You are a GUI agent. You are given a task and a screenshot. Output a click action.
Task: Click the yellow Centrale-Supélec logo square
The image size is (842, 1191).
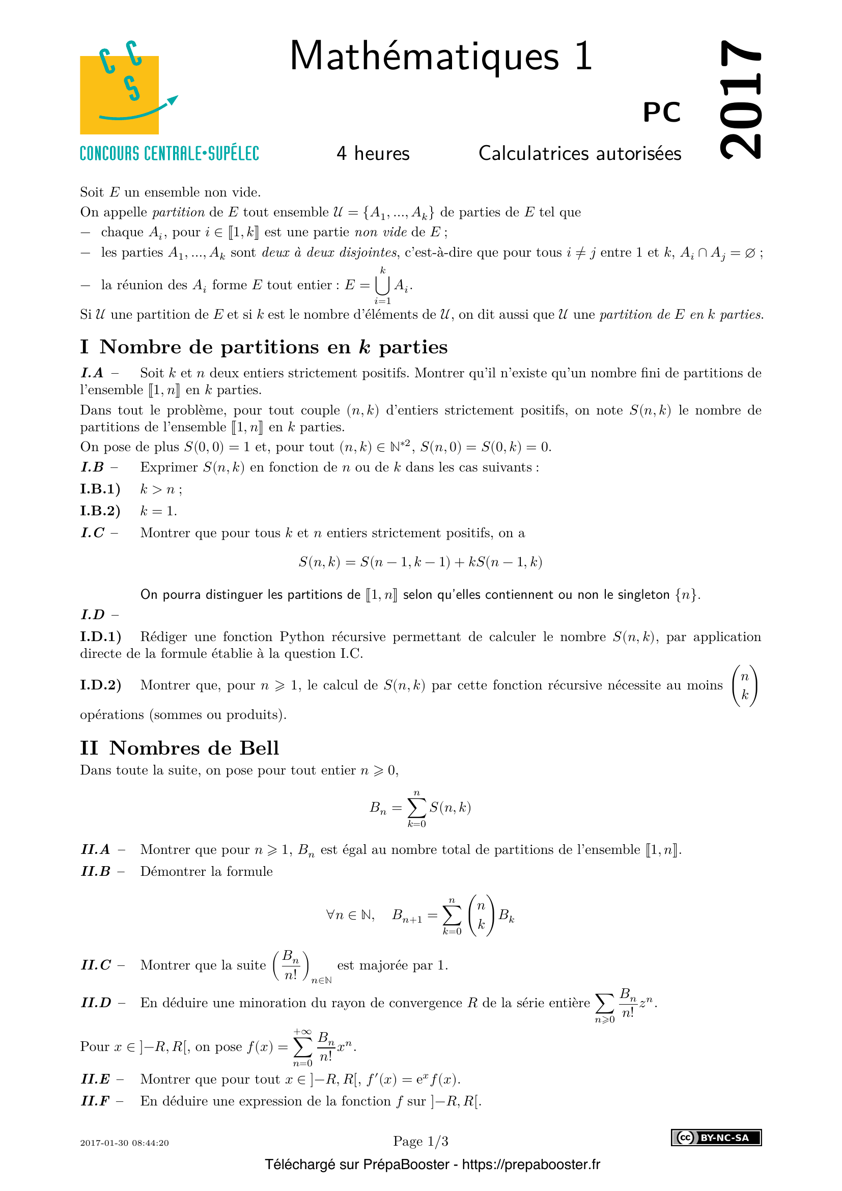pyautogui.click(x=119, y=95)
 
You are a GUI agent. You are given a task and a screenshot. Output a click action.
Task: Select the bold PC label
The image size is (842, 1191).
pyautogui.click(x=662, y=112)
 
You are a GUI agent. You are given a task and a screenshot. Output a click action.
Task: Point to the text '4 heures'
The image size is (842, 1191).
pyautogui.click(x=373, y=154)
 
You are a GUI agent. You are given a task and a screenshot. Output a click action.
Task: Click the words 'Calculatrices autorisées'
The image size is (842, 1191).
pyautogui.click(x=580, y=154)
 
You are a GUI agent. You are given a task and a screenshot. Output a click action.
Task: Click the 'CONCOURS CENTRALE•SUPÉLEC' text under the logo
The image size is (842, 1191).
pyautogui.click(x=169, y=154)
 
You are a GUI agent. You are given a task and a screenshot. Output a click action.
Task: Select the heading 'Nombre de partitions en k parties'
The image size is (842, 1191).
pyautogui.click(x=273, y=347)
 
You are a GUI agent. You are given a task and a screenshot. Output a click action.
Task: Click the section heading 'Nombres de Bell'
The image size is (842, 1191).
pyautogui.click(x=194, y=748)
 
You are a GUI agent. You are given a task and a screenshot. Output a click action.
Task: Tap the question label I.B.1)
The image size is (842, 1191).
pyautogui.click(x=100, y=489)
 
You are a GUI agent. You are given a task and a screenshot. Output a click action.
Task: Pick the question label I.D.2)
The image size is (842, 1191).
pyautogui.click(x=101, y=685)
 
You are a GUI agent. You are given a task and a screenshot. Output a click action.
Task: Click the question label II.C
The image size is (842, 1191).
pyautogui.click(x=96, y=965)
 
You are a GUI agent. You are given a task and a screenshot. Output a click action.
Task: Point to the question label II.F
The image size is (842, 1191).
pyautogui.click(x=95, y=1101)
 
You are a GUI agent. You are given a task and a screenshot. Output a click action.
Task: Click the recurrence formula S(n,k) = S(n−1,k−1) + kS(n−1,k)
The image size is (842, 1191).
pyautogui.click(x=420, y=562)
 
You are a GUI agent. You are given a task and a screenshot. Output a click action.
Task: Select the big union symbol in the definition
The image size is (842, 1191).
pyautogui.click(x=383, y=285)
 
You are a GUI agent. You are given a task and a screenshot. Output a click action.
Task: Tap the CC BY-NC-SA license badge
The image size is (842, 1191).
pyautogui.click(x=716, y=1138)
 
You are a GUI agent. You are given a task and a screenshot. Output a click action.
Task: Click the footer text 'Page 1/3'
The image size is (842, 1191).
pyautogui.click(x=420, y=1141)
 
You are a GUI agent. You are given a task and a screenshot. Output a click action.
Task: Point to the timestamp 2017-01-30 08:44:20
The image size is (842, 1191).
pyautogui.click(x=124, y=1143)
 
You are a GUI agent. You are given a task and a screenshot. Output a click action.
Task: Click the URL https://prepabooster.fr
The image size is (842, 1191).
pyautogui.click(x=531, y=1165)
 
